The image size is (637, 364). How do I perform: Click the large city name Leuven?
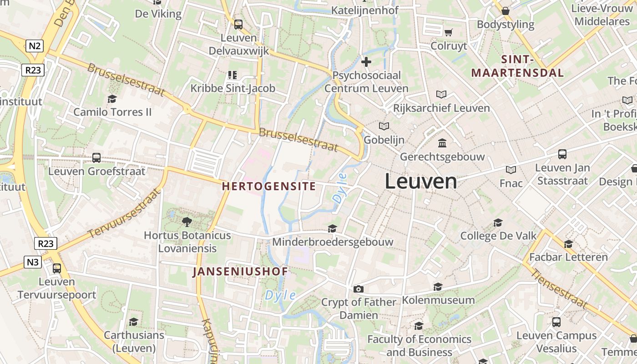tap(421, 182)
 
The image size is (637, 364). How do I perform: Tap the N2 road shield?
tap(35, 45)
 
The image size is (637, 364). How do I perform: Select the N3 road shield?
tap(33, 262)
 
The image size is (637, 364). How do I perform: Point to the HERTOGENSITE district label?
tap(268, 186)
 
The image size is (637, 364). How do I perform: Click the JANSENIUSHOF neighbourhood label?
tap(240, 272)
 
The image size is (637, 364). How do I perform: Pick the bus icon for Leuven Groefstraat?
tap(96, 158)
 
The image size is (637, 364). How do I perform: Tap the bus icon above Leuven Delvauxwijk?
tap(238, 25)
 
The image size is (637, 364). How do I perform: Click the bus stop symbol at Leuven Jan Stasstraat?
tap(562, 154)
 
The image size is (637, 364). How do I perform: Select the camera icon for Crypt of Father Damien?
tap(359, 289)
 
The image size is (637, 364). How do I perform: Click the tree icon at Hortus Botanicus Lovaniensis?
tap(187, 222)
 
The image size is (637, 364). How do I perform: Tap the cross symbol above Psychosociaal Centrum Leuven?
tap(366, 61)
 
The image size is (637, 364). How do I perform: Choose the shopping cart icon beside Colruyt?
tap(449, 32)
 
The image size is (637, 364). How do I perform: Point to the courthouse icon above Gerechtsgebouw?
tap(442, 143)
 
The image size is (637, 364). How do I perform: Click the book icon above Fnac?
tap(511, 170)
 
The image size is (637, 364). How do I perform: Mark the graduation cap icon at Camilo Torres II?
tap(112, 99)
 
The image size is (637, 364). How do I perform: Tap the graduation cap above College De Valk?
tap(498, 222)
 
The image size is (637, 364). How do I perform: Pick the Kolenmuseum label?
tap(438, 300)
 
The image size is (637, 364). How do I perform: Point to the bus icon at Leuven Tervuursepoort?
tap(57, 268)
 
